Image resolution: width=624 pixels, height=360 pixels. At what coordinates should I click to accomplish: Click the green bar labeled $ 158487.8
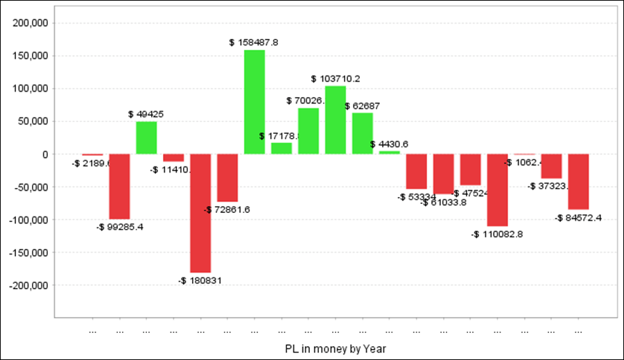coord(254,102)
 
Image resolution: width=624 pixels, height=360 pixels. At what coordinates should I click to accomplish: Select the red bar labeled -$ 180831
coord(200,213)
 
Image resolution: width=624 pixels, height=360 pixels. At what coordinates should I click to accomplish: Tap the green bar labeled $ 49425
coord(146,137)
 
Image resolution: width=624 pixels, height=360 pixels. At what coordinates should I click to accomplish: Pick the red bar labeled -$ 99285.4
coord(119,187)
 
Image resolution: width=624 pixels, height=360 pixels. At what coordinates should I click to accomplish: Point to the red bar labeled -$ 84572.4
coord(579,182)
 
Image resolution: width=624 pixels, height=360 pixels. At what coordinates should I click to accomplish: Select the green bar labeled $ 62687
coord(363,133)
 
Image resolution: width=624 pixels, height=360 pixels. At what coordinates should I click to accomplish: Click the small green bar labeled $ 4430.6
coord(390,152)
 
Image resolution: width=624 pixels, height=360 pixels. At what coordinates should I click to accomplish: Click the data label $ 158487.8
coord(254,42)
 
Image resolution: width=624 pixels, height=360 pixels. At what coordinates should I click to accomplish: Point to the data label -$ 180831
coord(200,280)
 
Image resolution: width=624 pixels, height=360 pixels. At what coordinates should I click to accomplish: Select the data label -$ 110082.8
coord(497,234)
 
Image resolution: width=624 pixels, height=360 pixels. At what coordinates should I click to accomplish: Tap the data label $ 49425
coord(146,114)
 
